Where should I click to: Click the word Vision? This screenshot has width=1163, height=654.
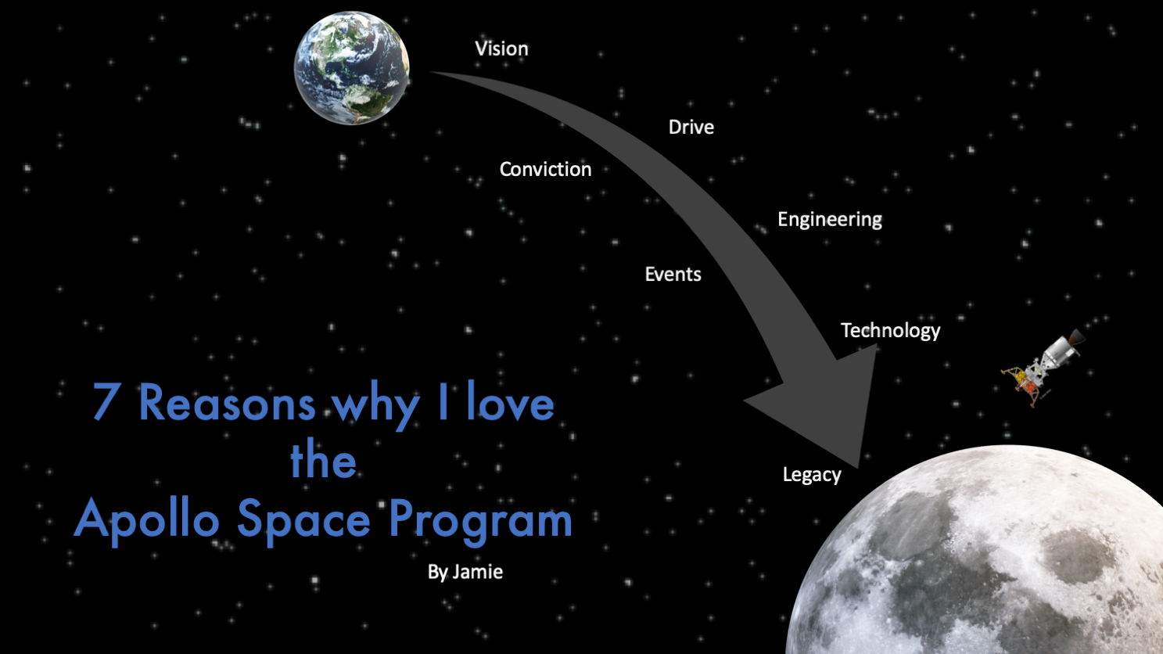click(501, 49)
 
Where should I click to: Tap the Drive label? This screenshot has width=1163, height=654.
click(691, 128)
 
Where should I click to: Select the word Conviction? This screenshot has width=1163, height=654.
click(545, 169)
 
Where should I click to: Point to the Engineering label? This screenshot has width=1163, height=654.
click(830, 220)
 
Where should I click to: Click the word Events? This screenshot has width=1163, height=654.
click(673, 275)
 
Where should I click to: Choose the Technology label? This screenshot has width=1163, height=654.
click(890, 331)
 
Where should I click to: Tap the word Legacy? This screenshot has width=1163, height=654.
click(812, 475)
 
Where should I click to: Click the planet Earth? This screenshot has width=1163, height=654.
click(351, 68)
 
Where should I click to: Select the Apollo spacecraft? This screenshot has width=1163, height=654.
click(1043, 367)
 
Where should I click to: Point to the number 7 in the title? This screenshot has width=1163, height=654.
click(104, 401)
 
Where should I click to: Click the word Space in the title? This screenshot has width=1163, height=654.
click(303, 519)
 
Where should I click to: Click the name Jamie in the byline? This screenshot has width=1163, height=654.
click(478, 572)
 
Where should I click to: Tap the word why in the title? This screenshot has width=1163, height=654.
click(376, 405)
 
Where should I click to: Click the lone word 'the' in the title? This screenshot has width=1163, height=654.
click(323, 458)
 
